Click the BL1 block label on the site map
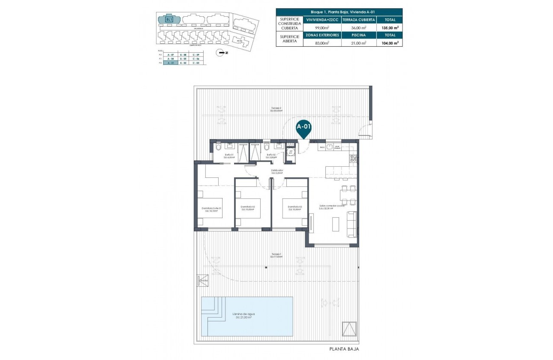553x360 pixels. (x=169, y=19)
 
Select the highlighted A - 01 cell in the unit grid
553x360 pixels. (x=171, y=63)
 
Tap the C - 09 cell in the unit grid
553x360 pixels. (x=196, y=55)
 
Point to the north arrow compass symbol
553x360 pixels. (x=221, y=53)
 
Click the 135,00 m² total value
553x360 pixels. (x=390, y=27)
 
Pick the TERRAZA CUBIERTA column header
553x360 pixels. (x=359, y=20)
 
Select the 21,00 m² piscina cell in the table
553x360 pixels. (x=359, y=43)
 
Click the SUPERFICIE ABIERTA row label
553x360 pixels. (x=289, y=39)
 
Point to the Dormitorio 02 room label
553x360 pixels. (x=248, y=207)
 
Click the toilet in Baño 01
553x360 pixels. (x=219, y=147)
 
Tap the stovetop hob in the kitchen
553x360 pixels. (x=354, y=159)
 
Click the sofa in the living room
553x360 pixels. (x=352, y=224)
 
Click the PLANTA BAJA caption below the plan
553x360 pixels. (x=343, y=349)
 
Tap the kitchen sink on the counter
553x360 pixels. (x=329, y=147)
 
